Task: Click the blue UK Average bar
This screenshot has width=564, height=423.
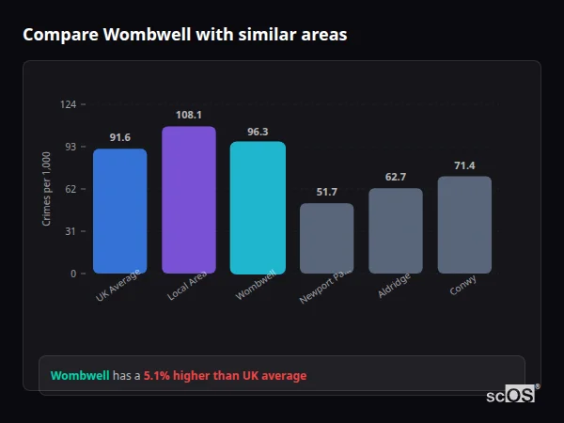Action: pos(119,211)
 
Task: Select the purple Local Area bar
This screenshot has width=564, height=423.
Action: pos(188,199)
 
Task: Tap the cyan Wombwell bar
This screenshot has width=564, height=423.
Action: pos(258,207)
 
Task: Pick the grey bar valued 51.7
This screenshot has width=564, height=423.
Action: pos(326,238)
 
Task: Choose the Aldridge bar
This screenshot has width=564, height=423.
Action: pos(396,230)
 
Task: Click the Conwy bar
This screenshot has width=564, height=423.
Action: pos(464,225)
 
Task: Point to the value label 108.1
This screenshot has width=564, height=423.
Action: pos(188,116)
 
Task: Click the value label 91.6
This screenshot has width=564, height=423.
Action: pos(119,138)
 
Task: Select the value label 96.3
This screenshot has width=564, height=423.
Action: pos(258,132)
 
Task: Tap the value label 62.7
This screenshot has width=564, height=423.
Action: pos(396,177)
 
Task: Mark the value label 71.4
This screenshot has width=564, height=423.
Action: pos(464,165)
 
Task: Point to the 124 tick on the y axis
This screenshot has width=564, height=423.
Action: pos(68,104)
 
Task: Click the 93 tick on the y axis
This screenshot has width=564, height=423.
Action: pos(70,147)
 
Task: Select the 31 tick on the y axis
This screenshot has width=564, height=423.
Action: pos(70,231)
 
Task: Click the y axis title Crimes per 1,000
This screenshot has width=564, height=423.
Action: pos(47,189)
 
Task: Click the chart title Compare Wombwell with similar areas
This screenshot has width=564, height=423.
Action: pos(184,35)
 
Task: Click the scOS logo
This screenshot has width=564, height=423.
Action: pos(511,396)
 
